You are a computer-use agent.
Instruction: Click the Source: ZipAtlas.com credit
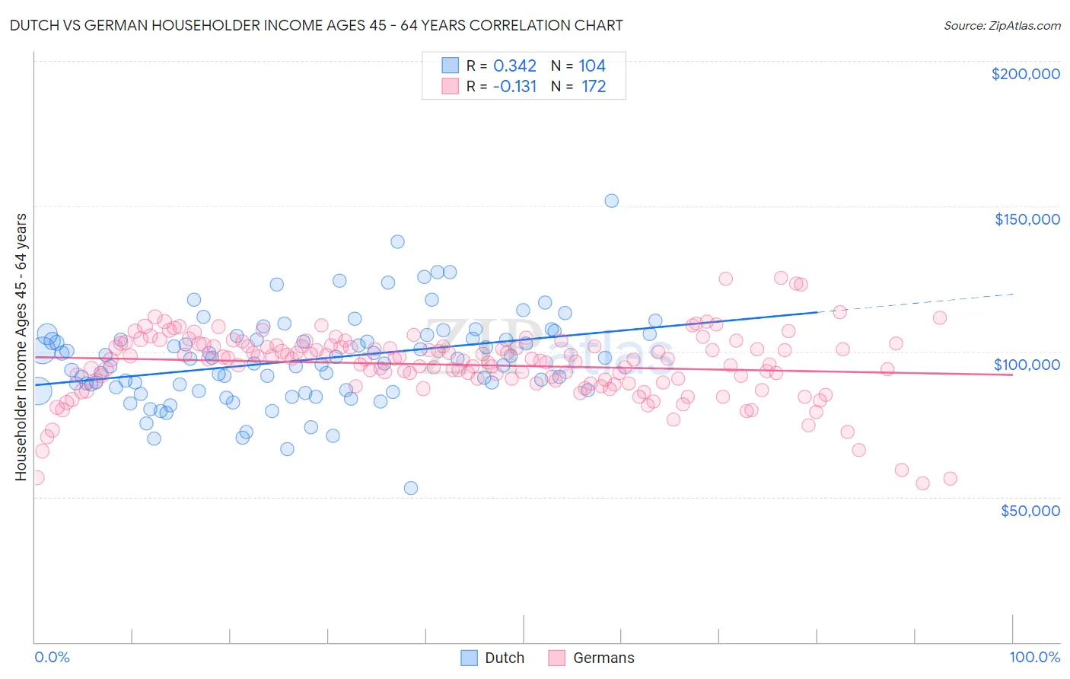[x=1002, y=25]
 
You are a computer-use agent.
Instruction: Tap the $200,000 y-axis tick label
[x=1025, y=74]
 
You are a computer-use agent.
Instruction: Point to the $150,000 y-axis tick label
[x=1027, y=219]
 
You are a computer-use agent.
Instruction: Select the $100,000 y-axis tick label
[x=1027, y=365]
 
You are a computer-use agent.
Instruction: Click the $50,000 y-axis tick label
[x=1030, y=510]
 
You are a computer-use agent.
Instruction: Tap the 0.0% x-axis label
[x=52, y=657]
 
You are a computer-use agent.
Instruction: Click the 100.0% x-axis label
[x=1034, y=657]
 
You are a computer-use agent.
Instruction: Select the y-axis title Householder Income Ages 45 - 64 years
[x=21, y=347]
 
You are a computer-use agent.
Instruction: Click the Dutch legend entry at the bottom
[x=504, y=658]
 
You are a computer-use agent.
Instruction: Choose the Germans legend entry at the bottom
[x=603, y=658]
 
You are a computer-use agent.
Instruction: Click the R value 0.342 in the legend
[x=514, y=66]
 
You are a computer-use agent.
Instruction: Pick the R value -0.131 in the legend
[x=514, y=87]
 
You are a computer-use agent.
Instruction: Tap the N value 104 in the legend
[x=592, y=66]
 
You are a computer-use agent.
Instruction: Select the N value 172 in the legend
[x=594, y=87]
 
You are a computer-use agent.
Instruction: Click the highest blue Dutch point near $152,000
[x=611, y=201]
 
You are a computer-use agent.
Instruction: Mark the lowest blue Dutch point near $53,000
[x=411, y=488]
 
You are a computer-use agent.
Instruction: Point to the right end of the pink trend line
[x=1011, y=375]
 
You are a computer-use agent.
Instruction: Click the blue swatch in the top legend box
[x=450, y=66]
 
